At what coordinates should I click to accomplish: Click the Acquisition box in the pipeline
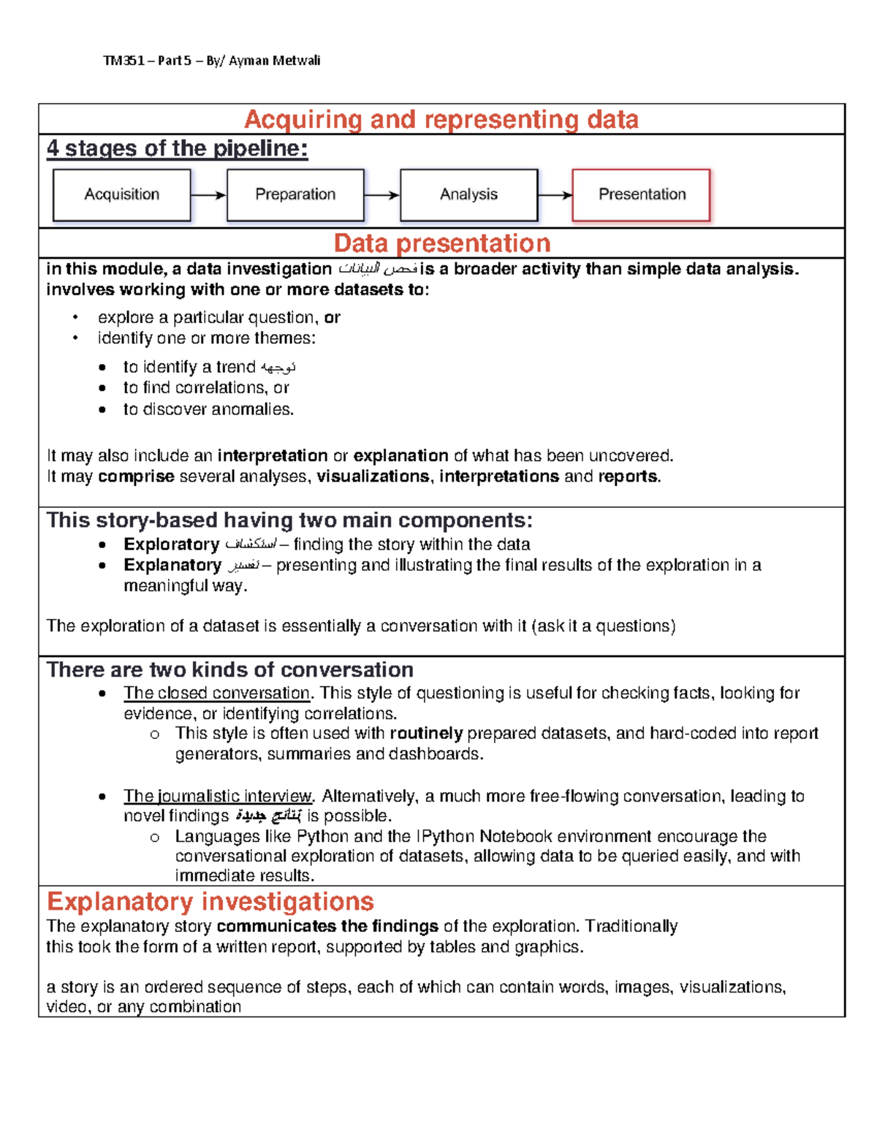tap(121, 194)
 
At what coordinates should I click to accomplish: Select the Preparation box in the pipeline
tap(295, 194)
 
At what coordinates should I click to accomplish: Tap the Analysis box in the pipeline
tap(468, 194)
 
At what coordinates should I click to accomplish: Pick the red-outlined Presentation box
tap(641, 194)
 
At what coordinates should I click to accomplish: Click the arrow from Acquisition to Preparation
tap(208, 195)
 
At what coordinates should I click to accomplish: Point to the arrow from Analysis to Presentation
tap(555, 195)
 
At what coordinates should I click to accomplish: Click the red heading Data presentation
tap(441, 243)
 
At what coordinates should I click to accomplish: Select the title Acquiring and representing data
tap(441, 119)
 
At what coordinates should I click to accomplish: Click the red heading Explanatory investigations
tap(210, 901)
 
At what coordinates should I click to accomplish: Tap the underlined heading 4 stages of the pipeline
tap(177, 148)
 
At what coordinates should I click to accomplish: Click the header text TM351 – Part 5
tap(147, 61)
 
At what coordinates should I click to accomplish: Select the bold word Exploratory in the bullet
tap(171, 544)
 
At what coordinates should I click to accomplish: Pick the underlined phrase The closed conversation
tap(217, 693)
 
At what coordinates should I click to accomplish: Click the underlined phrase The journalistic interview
tap(218, 796)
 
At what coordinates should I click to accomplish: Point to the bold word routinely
tap(426, 733)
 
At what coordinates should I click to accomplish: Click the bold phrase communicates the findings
tap(327, 926)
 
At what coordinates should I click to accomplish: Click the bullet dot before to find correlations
tap(102, 388)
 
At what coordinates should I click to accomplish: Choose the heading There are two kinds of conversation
tap(230, 669)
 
